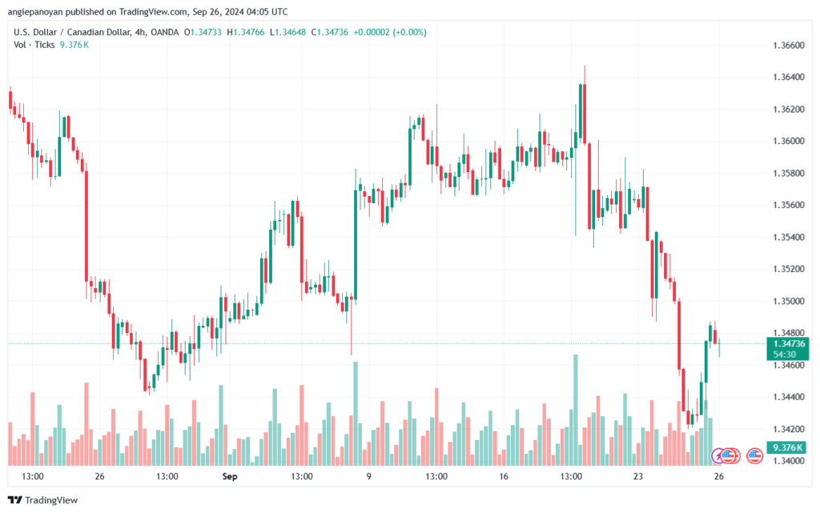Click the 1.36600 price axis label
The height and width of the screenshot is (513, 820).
click(790, 45)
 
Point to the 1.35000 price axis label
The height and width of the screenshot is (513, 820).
click(790, 301)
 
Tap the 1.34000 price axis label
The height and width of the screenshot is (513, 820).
click(790, 461)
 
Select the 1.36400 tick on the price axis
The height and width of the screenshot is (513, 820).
click(790, 77)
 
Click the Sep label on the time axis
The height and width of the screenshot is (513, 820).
click(230, 476)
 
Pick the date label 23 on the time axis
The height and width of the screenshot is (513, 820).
click(638, 476)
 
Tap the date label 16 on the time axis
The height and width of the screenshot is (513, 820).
click(503, 476)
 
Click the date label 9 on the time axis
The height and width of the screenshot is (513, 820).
click(368, 476)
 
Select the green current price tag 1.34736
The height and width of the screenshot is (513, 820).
click(790, 343)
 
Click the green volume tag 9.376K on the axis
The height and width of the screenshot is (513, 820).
click(788, 447)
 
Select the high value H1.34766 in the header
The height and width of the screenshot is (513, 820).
click(247, 32)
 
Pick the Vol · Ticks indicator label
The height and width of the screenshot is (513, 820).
click(34, 45)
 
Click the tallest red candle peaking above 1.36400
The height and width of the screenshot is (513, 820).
click(585, 112)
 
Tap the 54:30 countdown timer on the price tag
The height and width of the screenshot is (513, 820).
click(785, 354)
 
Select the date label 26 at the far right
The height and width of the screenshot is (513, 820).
click(719, 476)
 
